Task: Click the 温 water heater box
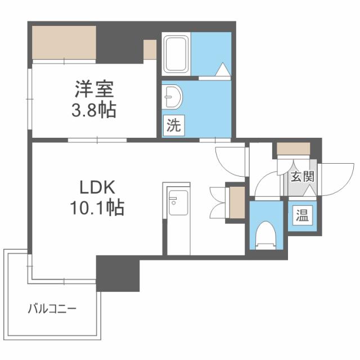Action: tap(302, 215)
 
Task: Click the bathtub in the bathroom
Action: tap(177, 54)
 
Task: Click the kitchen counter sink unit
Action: tap(178, 205)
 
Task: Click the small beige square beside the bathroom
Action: tap(150, 49)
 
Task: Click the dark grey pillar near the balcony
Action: tap(118, 273)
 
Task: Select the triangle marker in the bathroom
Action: tap(223, 70)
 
